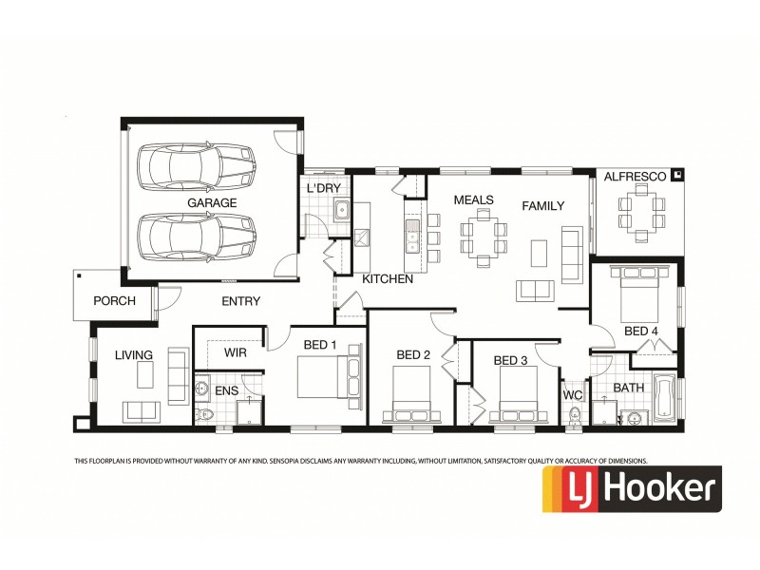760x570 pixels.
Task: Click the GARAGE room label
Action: pyautogui.click(x=212, y=203)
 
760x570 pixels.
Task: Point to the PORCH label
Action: pyautogui.click(x=114, y=301)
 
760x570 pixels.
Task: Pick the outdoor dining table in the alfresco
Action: pyautogui.click(x=638, y=213)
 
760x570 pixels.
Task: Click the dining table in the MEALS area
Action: pyautogui.click(x=483, y=237)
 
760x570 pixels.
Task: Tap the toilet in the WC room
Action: pyautogui.click(x=574, y=416)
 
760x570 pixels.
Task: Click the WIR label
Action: pyautogui.click(x=236, y=352)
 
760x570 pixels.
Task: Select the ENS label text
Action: pyautogui.click(x=226, y=390)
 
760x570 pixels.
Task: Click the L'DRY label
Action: pyautogui.click(x=323, y=189)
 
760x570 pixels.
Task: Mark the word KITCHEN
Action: pyautogui.click(x=388, y=279)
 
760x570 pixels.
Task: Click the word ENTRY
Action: pyautogui.click(x=241, y=301)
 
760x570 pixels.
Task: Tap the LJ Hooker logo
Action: pyautogui.click(x=631, y=489)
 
